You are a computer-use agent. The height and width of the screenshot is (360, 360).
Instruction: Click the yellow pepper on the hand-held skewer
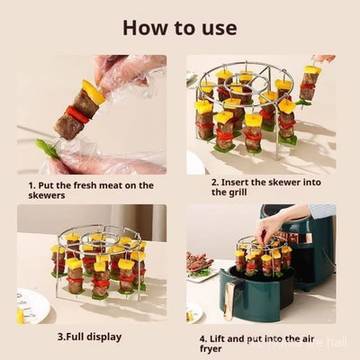(92, 92)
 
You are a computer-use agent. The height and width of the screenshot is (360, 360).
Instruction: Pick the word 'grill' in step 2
(228, 192)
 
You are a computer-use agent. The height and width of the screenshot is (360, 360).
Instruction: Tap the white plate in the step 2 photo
(195, 162)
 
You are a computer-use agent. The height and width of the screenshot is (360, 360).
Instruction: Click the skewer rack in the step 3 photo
(97, 261)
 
